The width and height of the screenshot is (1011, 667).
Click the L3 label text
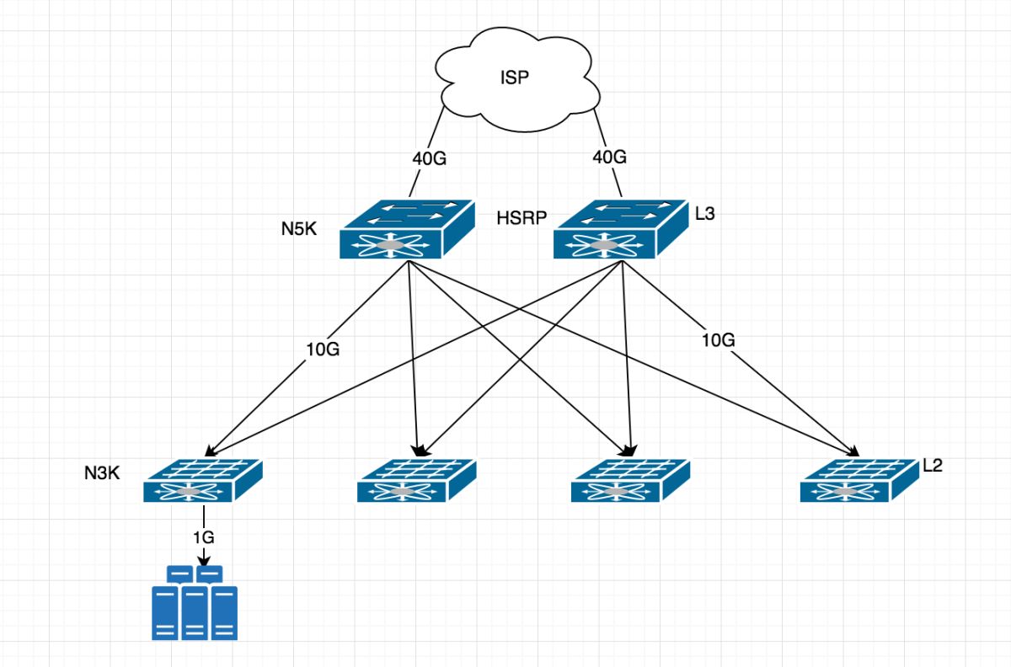[x=705, y=214]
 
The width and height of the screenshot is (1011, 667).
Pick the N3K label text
[x=102, y=473]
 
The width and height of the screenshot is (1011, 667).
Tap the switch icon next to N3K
[x=202, y=481]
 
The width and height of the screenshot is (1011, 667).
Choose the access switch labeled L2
[x=859, y=481]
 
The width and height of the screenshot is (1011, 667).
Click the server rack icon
[x=195, y=603]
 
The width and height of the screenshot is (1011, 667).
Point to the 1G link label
[x=204, y=536]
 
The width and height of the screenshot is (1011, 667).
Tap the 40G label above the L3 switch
[x=609, y=157]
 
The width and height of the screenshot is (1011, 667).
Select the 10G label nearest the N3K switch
[x=322, y=350]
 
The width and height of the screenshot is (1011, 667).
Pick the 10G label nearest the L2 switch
[x=719, y=340]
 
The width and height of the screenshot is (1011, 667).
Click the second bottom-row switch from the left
[x=417, y=481]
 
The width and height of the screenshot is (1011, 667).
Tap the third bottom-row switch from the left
[x=631, y=481]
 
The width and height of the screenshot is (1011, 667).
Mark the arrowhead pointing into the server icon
[x=204, y=559]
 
